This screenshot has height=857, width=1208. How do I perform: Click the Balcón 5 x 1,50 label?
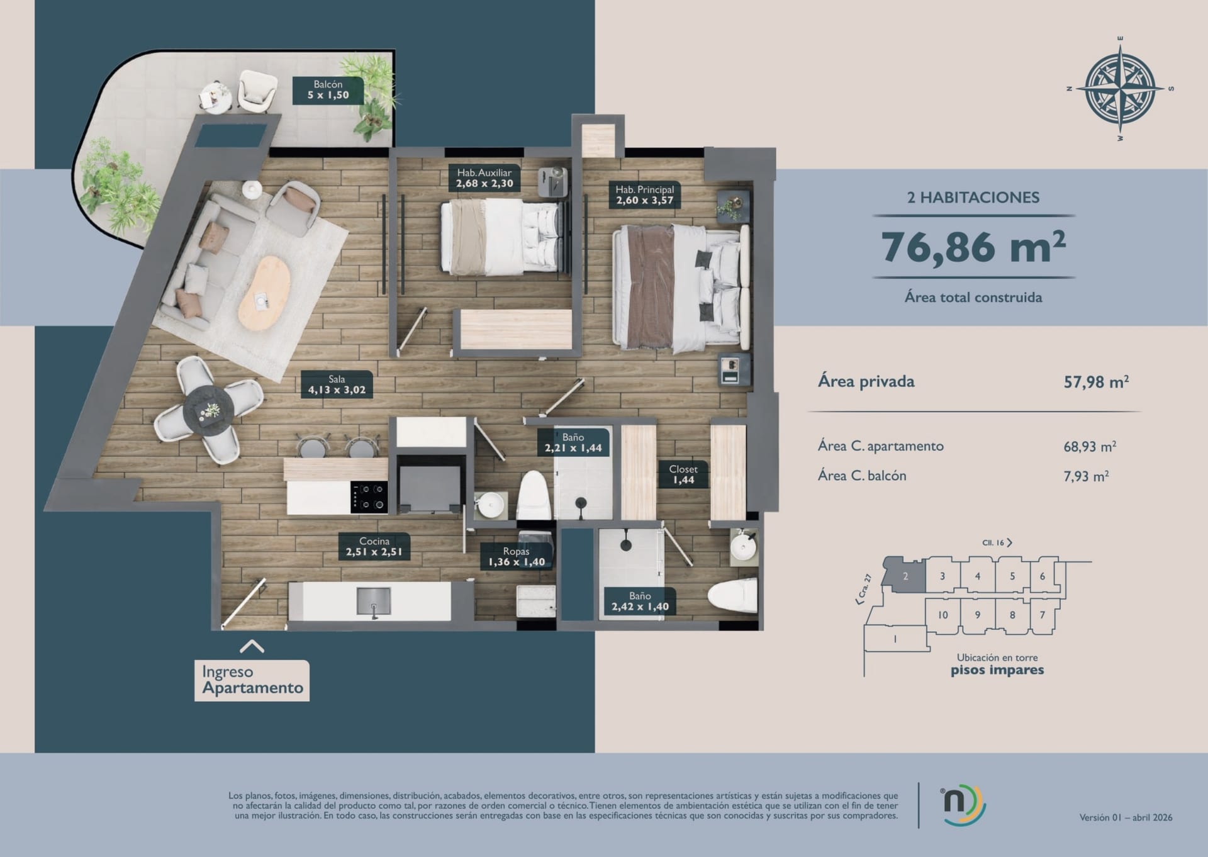[328, 90]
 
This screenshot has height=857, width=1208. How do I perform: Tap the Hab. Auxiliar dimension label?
[484, 178]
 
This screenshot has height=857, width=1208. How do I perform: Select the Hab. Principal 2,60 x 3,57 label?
[644, 195]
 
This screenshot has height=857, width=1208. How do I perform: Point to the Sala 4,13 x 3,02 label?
[337, 384]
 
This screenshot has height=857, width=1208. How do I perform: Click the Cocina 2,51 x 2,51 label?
[374, 546]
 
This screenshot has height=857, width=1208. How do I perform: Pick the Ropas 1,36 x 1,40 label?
[516, 557]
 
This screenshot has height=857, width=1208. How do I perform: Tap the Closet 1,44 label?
[683, 474]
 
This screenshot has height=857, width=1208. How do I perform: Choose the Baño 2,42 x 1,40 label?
[640, 601]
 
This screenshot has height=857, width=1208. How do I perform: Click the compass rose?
[1121, 88]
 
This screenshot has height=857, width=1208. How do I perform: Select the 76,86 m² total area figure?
[973, 247]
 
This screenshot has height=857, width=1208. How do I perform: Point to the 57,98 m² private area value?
[1096, 382]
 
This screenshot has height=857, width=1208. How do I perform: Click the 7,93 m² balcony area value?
[1086, 476]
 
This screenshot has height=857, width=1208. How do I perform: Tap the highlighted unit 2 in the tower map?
[905, 576]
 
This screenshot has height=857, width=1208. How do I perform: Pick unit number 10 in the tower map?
[942, 615]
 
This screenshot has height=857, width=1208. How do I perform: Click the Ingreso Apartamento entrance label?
[252, 680]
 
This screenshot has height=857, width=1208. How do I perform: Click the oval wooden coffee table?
[264, 292]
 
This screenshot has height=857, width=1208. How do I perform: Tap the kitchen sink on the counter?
[374, 601]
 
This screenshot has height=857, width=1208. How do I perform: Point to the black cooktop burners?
[369, 497]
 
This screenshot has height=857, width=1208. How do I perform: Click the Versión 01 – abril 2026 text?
[1126, 817]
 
